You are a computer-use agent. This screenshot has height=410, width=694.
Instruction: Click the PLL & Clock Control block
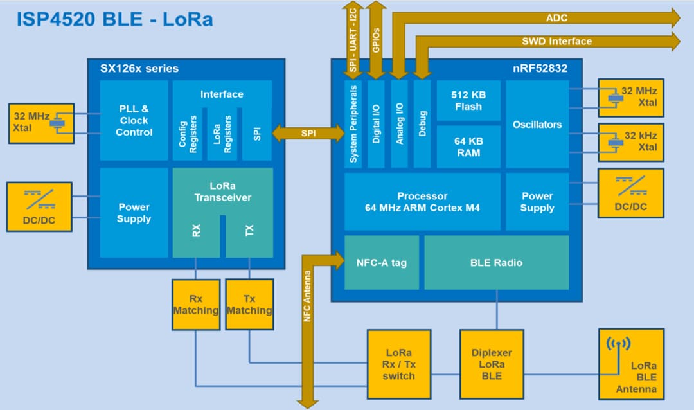(134, 120)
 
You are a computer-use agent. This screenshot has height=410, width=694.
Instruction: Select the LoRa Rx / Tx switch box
(398, 364)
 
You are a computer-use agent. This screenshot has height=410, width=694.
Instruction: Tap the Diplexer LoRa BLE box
(491, 364)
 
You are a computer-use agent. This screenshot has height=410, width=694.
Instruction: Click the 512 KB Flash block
(468, 100)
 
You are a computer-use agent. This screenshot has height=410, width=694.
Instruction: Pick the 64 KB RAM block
(468, 147)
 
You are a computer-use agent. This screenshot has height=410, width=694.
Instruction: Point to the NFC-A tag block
(381, 262)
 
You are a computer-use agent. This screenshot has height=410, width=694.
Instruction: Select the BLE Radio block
(496, 262)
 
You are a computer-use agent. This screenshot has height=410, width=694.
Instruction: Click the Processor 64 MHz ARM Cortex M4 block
(422, 202)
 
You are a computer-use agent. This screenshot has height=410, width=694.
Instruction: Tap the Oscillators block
(537, 124)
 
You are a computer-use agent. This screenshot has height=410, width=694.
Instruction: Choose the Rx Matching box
(195, 305)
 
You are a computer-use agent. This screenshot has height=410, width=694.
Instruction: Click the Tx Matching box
(249, 305)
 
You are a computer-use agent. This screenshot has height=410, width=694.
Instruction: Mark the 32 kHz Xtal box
(630, 142)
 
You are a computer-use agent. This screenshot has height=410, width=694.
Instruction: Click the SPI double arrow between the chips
(308, 134)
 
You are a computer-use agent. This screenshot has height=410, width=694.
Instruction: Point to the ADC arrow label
(556, 18)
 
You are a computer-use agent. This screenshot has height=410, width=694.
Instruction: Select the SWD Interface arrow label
(556, 41)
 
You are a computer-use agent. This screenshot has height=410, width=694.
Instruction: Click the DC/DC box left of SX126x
(39, 206)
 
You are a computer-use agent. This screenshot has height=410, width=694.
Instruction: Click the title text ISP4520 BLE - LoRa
(114, 19)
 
